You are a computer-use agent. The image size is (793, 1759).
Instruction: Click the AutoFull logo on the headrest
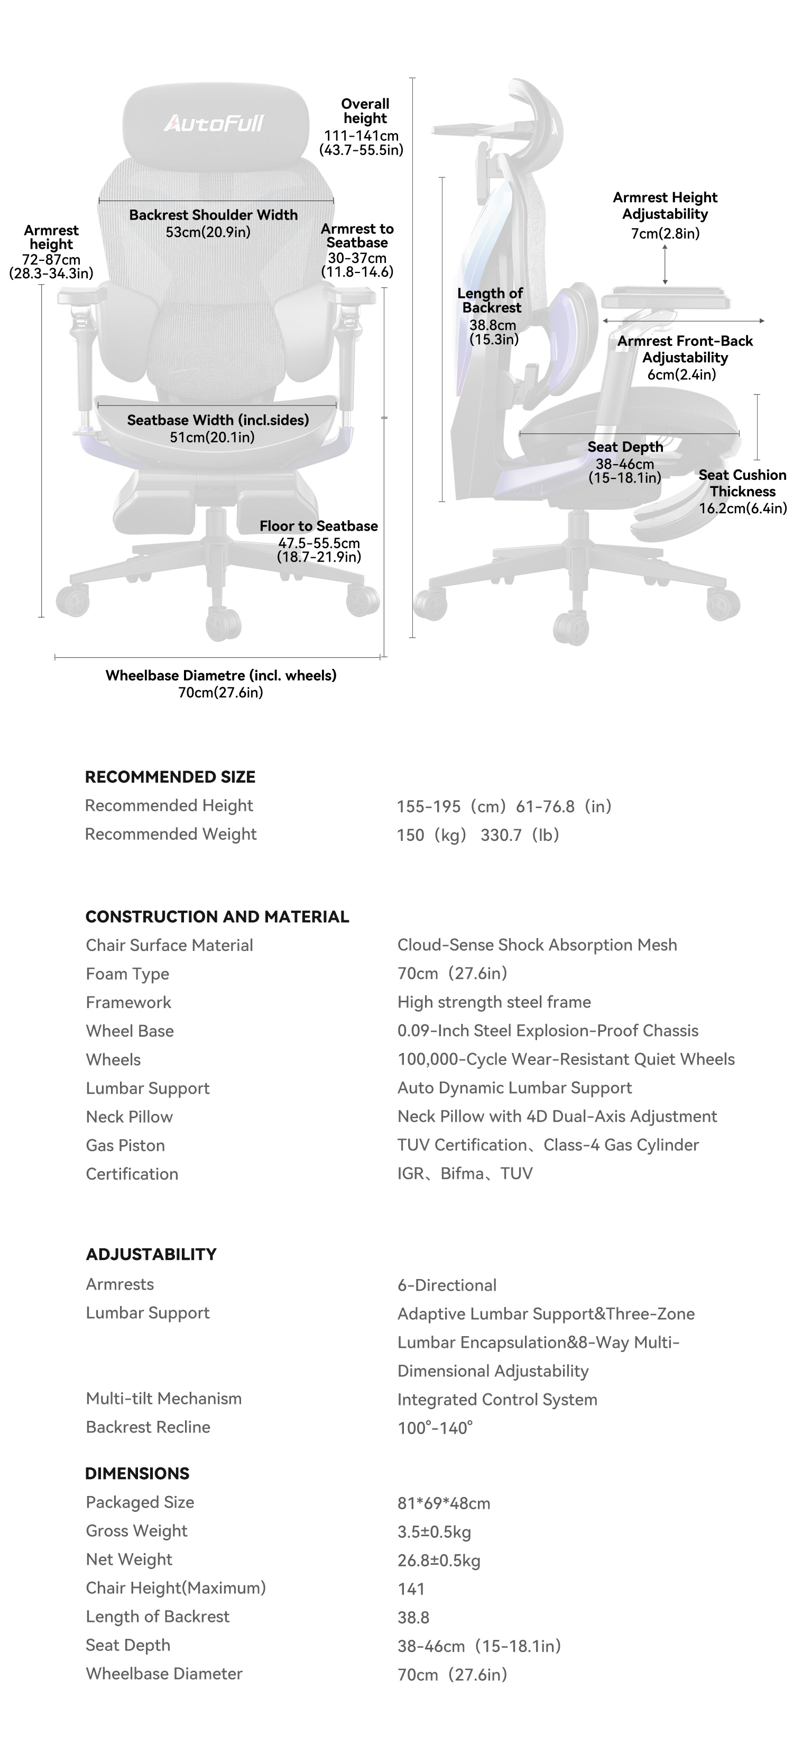214,123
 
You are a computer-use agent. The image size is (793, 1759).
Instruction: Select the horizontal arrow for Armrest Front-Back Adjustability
683,320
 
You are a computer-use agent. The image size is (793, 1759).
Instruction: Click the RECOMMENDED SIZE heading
170,777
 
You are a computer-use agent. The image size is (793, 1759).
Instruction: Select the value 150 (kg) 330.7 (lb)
478,835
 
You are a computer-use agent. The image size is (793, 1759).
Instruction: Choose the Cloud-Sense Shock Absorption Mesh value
537,945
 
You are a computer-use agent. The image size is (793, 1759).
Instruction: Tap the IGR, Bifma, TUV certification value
465,1174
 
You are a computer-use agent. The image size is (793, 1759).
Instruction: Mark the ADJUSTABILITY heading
151,1254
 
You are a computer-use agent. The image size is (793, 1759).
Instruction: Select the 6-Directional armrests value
447,1285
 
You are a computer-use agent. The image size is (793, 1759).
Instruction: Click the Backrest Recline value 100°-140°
435,1428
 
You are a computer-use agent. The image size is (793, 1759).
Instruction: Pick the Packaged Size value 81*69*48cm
444,1503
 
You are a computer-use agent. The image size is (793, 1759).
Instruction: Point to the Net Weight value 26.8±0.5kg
439,1561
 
